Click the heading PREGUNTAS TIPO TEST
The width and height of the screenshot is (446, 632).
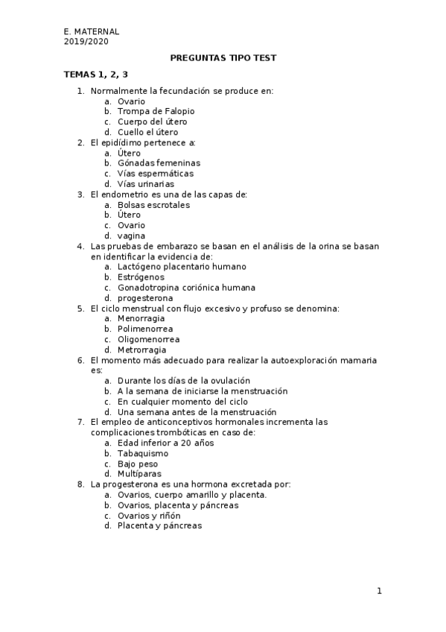tap(223, 57)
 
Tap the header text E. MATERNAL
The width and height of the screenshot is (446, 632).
tap(92, 32)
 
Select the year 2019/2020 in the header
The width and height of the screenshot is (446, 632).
tap(86, 42)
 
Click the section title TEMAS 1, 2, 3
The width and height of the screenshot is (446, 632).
tap(96, 74)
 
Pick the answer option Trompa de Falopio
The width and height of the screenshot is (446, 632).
tap(156, 111)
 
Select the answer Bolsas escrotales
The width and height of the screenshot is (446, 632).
tap(153, 205)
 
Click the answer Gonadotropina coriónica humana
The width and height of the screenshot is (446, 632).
tap(186, 288)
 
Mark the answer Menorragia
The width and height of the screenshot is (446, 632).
tap(141, 318)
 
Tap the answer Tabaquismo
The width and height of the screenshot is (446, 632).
tap(143, 453)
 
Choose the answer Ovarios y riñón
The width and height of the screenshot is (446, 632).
tap(149, 515)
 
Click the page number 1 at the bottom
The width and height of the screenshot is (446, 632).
tap(379, 591)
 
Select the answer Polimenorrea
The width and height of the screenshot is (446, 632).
tap(145, 329)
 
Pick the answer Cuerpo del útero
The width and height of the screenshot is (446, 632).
tap(152, 121)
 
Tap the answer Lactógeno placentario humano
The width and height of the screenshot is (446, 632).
tap(182, 267)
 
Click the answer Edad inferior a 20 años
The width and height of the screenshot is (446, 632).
tap(165, 443)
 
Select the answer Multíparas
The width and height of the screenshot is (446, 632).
tap(139, 473)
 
